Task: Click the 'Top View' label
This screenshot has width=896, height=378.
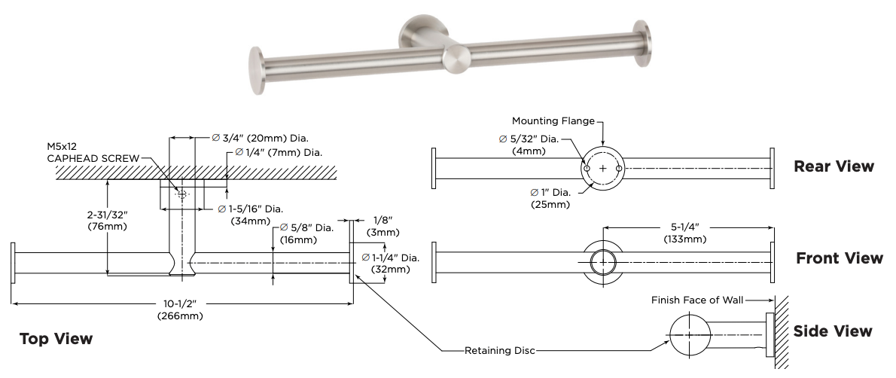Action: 56,339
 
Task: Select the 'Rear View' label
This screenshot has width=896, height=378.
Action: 834,166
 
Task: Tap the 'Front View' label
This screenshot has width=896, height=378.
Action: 840,258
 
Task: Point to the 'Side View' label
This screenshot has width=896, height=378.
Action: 833,331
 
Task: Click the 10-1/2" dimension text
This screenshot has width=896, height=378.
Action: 180,304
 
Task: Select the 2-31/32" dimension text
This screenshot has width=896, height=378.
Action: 108,215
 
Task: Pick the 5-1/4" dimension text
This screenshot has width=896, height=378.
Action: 684,227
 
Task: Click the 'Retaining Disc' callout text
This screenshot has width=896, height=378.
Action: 500,350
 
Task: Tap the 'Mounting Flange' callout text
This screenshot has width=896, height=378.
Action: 553,120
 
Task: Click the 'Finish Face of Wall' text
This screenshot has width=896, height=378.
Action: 697,300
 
